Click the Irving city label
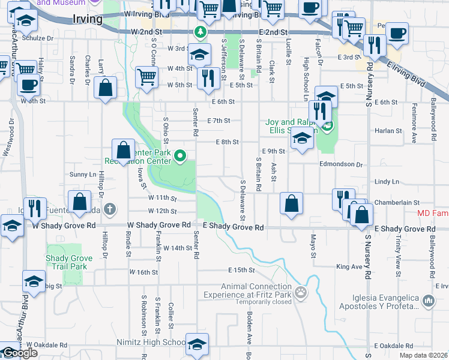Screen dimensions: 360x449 [x=86, y=19]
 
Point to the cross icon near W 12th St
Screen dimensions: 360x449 [x=109, y=209]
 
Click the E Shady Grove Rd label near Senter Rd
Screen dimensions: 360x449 [x=234, y=227]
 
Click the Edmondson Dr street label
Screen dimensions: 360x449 [x=341, y=164]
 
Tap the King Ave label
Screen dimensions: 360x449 [x=351, y=266]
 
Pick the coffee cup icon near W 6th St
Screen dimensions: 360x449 [x=28, y=85]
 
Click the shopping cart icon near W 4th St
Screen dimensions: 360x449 [x=146, y=77]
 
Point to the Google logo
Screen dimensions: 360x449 [x=20, y=353]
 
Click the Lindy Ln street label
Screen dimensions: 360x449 [x=387, y=181]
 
